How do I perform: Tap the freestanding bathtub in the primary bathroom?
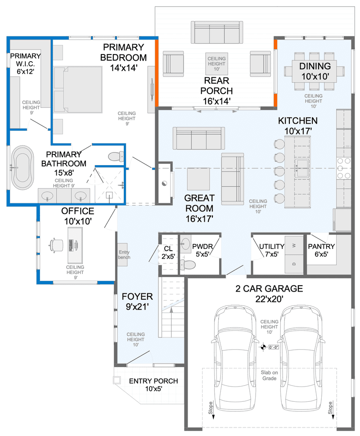(x=22, y=168)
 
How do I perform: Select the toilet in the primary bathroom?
(x=116, y=156)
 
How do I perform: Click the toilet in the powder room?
(x=187, y=265)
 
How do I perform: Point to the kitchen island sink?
(x=301, y=168)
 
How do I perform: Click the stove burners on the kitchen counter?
(x=344, y=168)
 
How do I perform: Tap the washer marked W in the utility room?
(x=294, y=246)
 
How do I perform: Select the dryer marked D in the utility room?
(x=294, y=264)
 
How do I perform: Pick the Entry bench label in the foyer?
(x=124, y=254)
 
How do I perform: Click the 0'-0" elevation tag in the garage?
(x=274, y=347)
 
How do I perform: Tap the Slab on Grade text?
(x=269, y=375)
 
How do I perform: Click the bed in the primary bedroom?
(x=78, y=89)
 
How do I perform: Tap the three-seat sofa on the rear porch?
(x=217, y=32)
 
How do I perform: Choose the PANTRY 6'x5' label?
(x=321, y=250)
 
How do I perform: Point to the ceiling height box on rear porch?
(x=216, y=64)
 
